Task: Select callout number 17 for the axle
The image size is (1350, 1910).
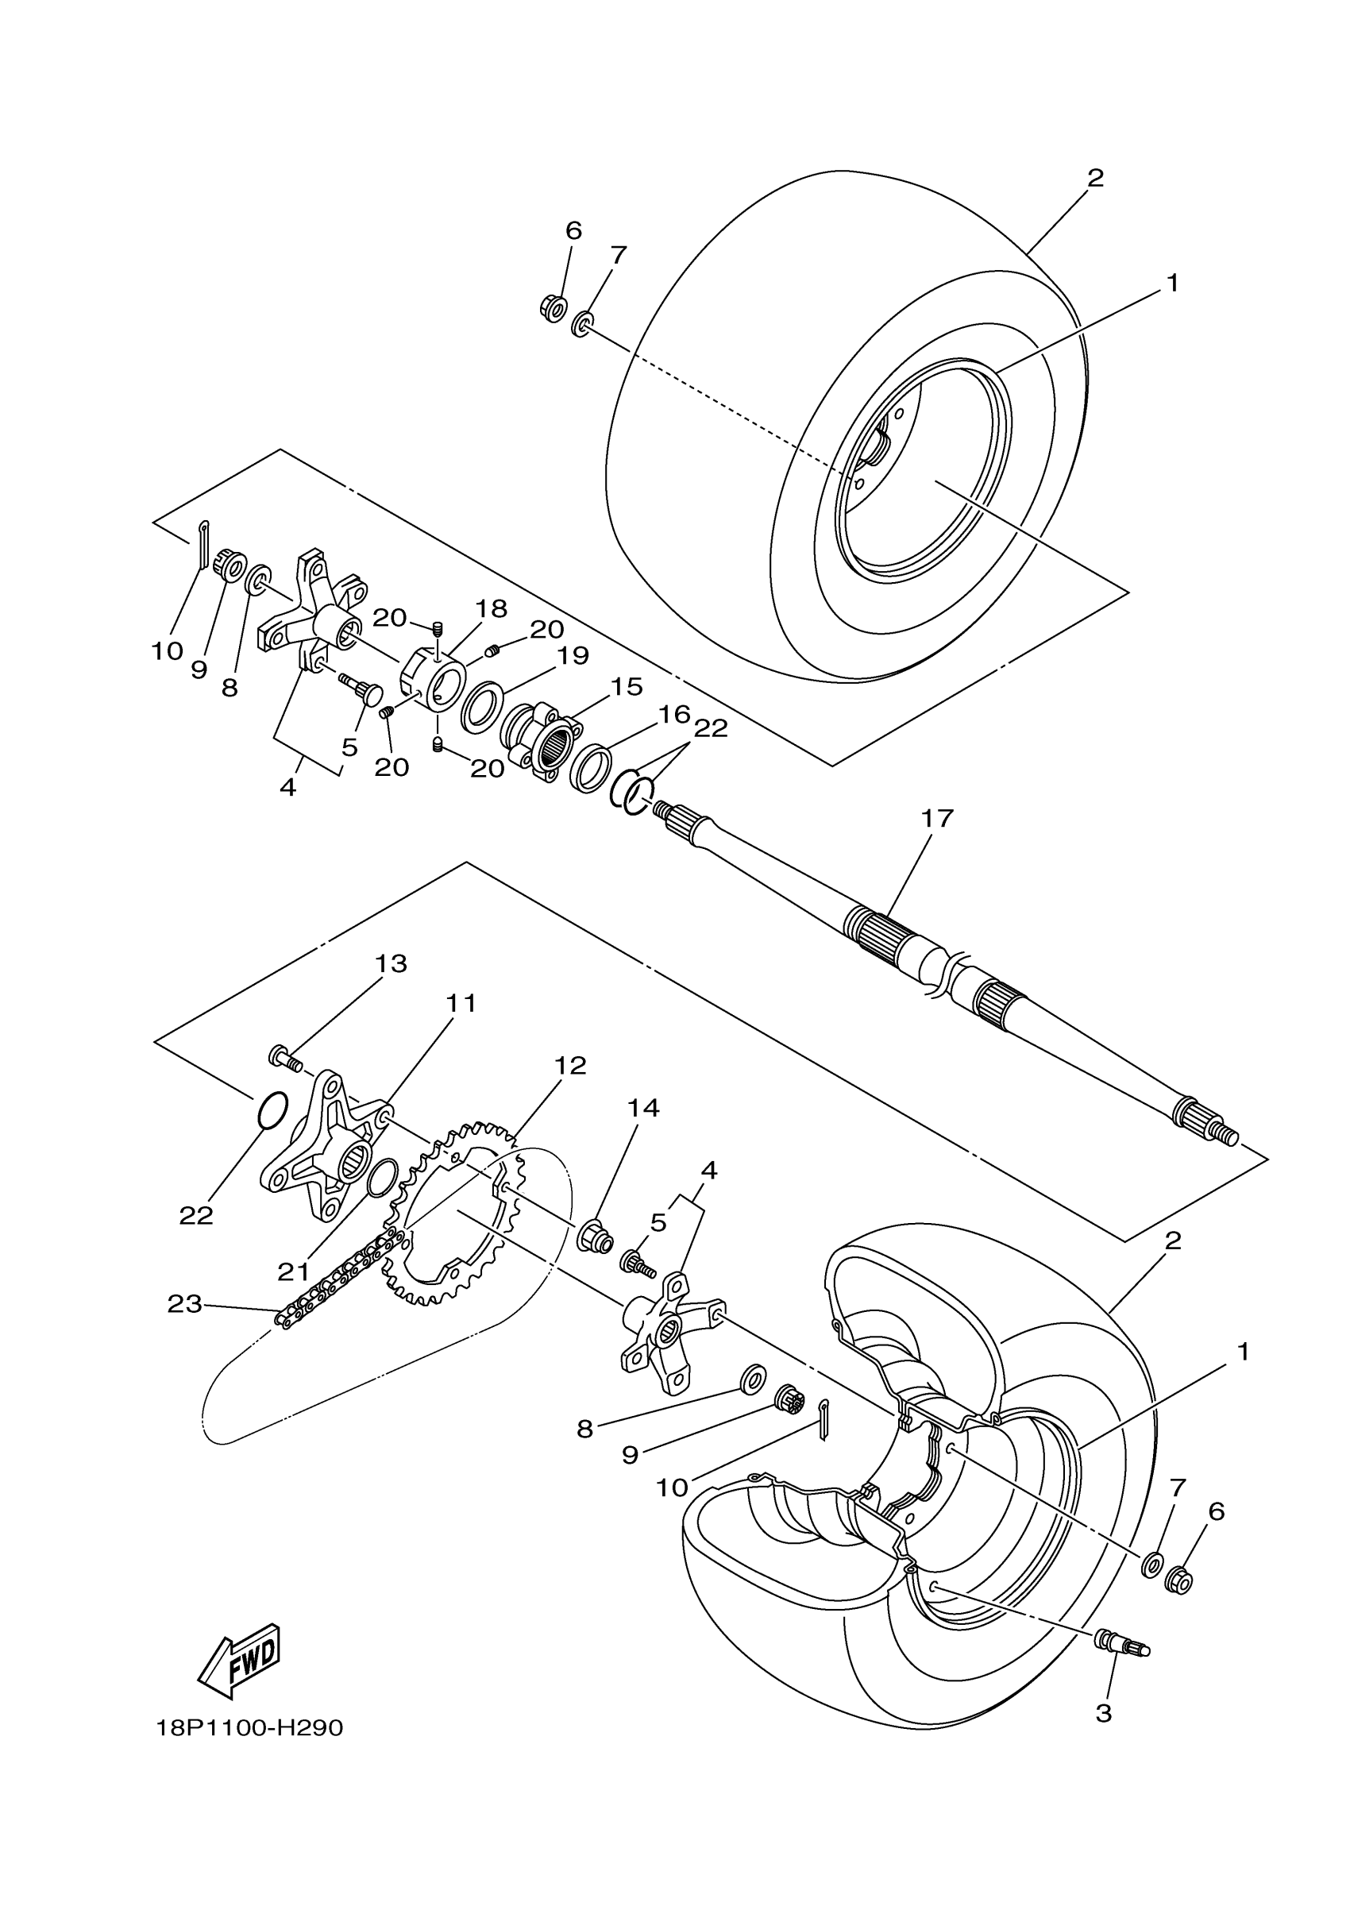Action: [x=936, y=820]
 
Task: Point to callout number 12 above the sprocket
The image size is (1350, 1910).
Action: [x=571, y=1066]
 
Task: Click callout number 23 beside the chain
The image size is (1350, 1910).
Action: [x=185, y=1303]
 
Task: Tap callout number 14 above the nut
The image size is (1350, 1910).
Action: [x=643, y=1108]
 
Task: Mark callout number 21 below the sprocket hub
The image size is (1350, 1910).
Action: [x=294, y=1271]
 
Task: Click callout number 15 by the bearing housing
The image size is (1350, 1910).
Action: [x=627, y=686]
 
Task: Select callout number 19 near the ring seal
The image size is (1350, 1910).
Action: [x=573, y=655]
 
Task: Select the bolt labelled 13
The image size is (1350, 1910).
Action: [x=283, y=1058]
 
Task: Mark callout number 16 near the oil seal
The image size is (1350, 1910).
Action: [x=674, y=714]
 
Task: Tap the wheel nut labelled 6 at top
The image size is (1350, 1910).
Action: [x=553, y=308]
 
